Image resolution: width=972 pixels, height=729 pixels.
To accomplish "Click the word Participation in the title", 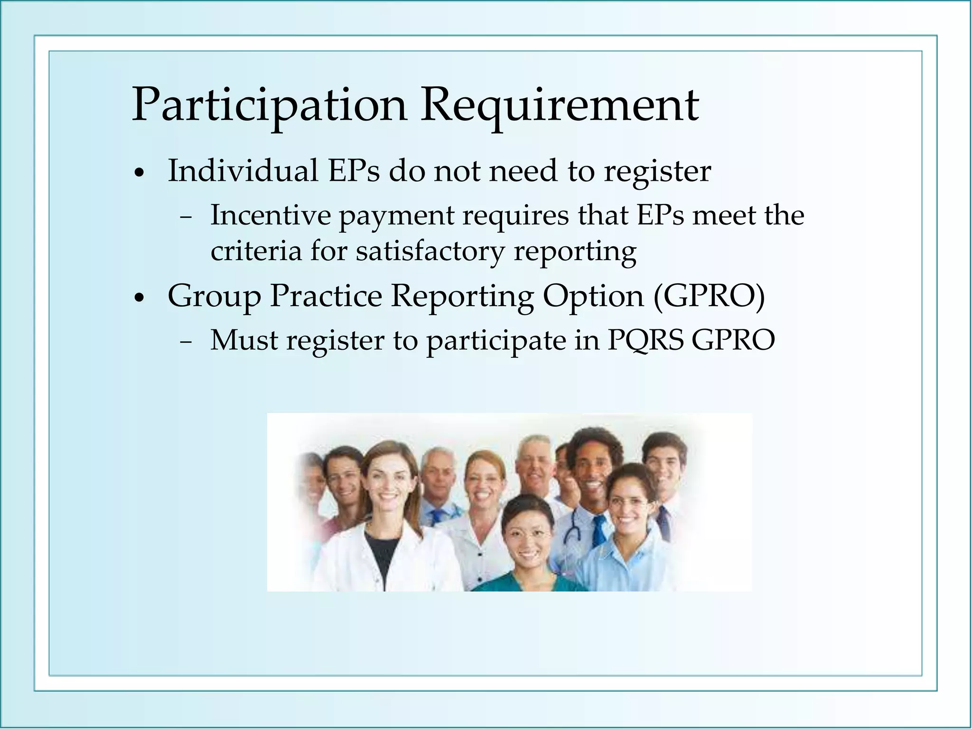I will pos(269,105).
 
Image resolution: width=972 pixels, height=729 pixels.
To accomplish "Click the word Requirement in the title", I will pos(560,105).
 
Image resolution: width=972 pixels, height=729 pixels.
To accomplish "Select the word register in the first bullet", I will pos(657,172).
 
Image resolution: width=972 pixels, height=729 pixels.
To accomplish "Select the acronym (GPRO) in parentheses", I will pos(709,297).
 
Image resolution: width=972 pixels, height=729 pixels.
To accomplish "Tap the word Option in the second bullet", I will pos(593,297).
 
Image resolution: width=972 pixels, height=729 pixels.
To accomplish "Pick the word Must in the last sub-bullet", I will pos(243,340).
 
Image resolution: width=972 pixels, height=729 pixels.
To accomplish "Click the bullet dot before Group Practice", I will pos(139,299).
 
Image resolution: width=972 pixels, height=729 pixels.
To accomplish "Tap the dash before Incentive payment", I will pos(186,218).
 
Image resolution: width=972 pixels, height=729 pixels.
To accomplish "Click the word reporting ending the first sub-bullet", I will pos(575,252).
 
